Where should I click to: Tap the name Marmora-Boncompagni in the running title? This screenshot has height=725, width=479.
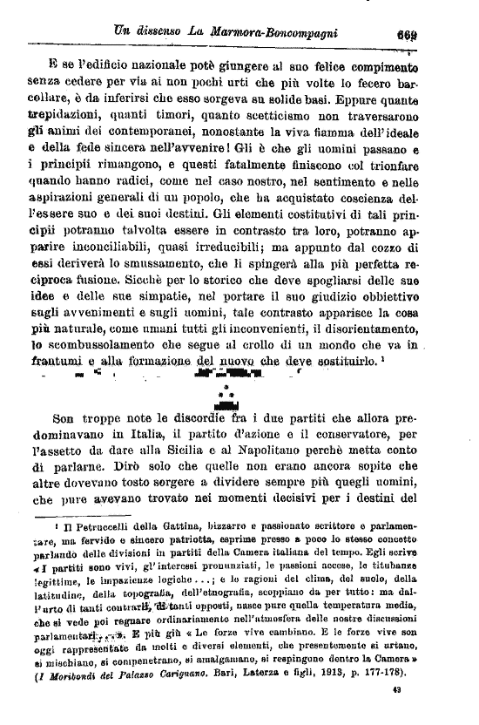277,34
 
